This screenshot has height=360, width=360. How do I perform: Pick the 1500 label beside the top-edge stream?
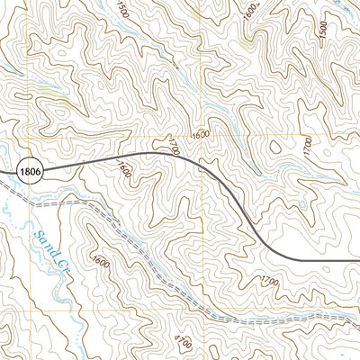pos(122,9)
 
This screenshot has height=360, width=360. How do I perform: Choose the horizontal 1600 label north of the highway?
pos(200,134)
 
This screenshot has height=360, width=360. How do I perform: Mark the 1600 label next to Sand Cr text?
pos(99,262)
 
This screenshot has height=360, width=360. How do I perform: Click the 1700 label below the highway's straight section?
pos(269,281)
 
